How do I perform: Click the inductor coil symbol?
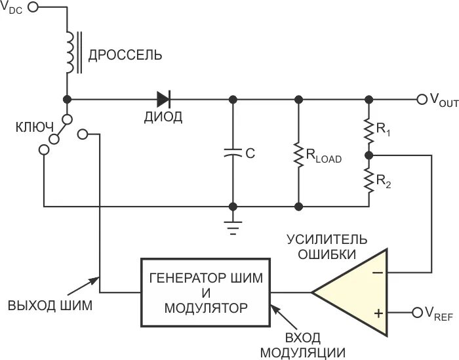pyautogui.click(x=68, y=51)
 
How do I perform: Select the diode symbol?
pyautogui.click(x=164, y=100)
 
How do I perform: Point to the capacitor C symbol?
pyautogui.click(x=231, y=153)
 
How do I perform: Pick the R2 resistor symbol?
pyautogui.click(x=369, y=180)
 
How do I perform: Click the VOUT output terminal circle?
pyautogui.click(x=422, y=100)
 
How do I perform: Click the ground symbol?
pyautogui.click(x=231, y=226)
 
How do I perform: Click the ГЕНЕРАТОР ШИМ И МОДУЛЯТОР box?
pyautogui.click(x=206, y=292)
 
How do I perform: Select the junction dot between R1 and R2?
pyautogui.click(x=369, y=155)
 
